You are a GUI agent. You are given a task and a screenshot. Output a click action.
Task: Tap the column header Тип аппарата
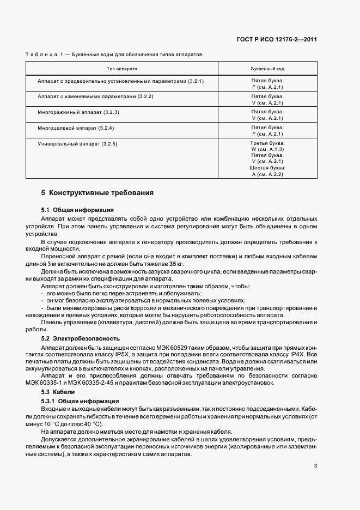122,69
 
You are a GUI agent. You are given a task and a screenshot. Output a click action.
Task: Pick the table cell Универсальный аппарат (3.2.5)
78,143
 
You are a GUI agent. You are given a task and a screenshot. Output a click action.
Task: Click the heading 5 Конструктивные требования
97,193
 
